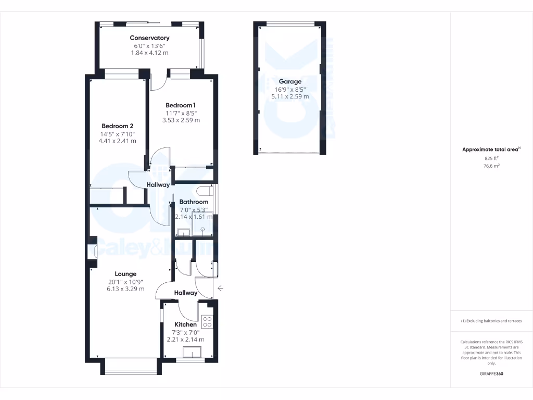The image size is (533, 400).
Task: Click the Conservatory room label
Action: tap(149, 38)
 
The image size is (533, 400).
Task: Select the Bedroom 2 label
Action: tap(118, 126)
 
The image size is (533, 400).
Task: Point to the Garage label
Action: tap(290, 82)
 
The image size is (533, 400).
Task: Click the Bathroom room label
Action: tap(194, 202)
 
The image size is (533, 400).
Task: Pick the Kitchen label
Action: tap(185, 324)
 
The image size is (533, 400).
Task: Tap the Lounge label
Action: tap(125, 274)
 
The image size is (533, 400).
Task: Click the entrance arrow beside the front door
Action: tap(221, 288)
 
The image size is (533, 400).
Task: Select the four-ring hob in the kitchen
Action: tap(207, 322)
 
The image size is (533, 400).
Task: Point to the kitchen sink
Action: tap(194, 353)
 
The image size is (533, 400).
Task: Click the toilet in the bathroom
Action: tap(205, 190)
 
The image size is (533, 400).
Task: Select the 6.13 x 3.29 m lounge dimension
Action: tap(125, 289)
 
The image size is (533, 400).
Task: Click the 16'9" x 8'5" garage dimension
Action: tap(290, 89)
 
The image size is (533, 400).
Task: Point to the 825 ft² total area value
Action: tap(491, 158)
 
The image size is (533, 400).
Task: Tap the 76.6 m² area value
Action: tap(491, 166)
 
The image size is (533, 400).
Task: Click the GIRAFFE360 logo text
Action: tap(491, 374)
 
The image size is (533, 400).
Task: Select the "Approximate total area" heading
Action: tap(490, 150)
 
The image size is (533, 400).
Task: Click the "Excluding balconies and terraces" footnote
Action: tap(491, 321)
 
